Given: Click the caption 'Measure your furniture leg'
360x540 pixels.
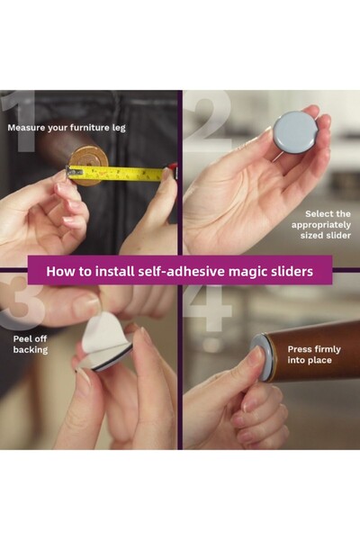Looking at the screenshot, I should point(67,128).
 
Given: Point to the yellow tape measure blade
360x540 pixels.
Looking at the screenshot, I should point(126,172).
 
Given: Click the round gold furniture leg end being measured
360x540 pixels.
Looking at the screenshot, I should point(89,165).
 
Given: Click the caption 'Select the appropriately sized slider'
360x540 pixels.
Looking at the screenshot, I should point(321,224).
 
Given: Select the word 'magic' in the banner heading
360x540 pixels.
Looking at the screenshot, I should point(250,269).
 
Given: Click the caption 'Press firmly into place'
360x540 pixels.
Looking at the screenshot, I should point(310,354).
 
